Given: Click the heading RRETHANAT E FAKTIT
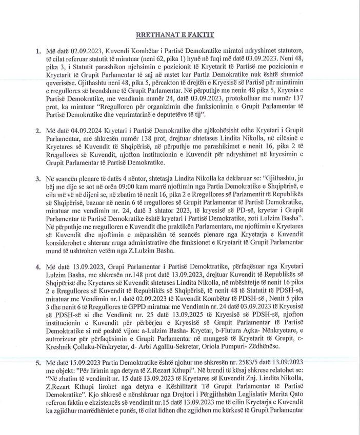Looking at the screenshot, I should [x=175, y=35].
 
